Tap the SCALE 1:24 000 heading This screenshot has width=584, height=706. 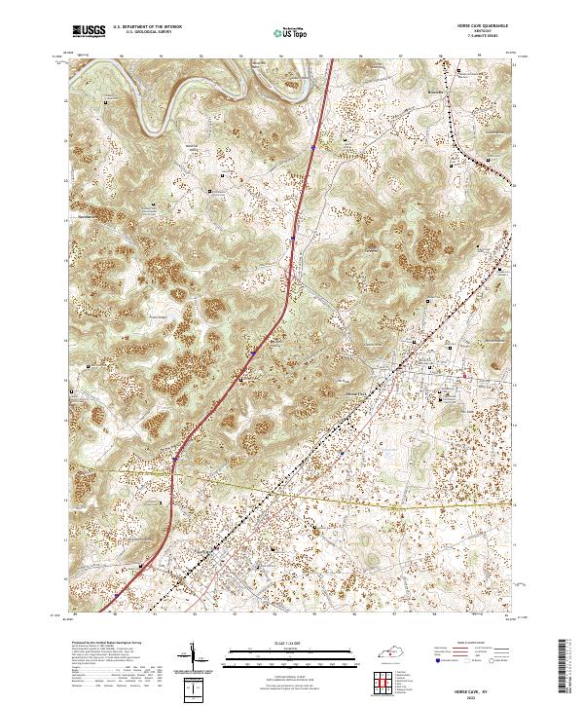pyautogui.click(x=277, y=644)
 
